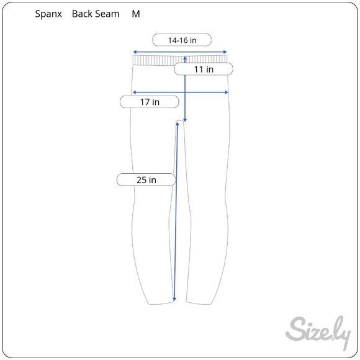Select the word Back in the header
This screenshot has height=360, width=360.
tap(83, 14)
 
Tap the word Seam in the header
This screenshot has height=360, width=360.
tap(107, 14)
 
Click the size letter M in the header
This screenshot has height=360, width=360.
tap(136, 14)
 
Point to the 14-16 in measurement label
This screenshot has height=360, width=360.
tap(182, 40)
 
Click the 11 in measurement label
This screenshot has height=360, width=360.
tap(203, 70)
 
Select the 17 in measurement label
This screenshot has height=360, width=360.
tap(149, 102)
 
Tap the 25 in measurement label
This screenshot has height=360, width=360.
tap(146, 180)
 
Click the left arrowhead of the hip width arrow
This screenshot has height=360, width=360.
tap(132, 93)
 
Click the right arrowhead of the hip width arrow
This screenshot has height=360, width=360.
tap(228, 93)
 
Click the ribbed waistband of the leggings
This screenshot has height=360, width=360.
tap(155, 60)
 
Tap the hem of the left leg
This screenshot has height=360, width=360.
tap(160, 304)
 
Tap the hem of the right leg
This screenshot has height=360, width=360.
tap(200, 304)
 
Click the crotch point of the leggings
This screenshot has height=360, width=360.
tap(181, 120)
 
